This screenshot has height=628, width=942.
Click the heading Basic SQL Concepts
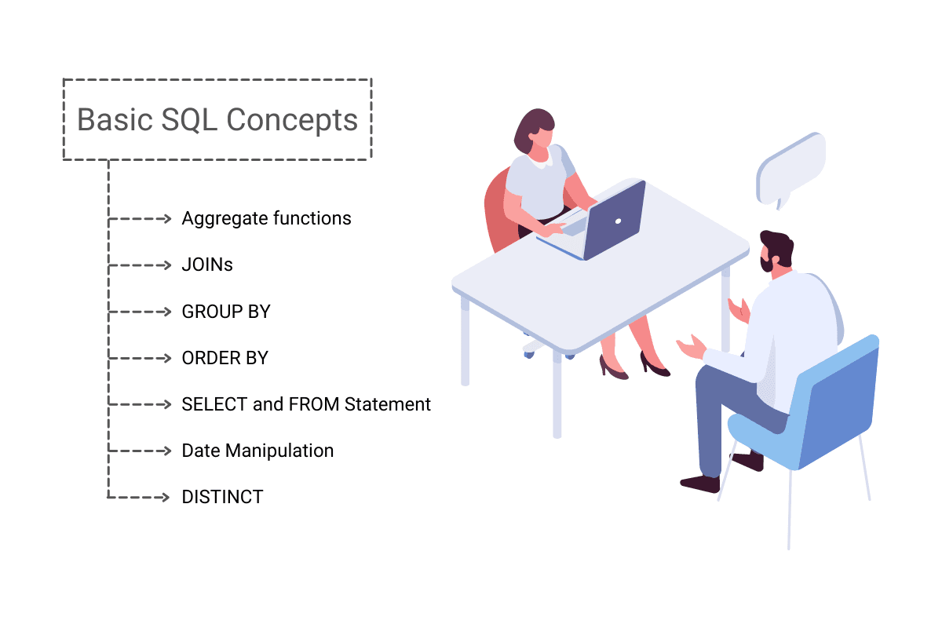pyautogui.click(x=217, y=120)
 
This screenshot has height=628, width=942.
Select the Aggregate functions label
pyautogui.click(x=266, y=218)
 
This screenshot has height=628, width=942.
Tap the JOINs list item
pyautogui.click(x=207, y=265)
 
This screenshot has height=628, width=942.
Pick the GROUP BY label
pyautogui.click(x=225, y=312)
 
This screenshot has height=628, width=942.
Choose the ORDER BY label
pyautogui.click(x=225, y=358)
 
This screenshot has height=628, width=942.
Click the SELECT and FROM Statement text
pyautogui.click(x=306, y=404)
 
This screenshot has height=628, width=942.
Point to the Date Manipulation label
pyautogui.click(x=257, y=451)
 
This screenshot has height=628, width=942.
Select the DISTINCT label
pyautogui.click(x=222, y=497)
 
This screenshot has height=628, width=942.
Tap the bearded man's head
pyautogui.click(x=776, y=252)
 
